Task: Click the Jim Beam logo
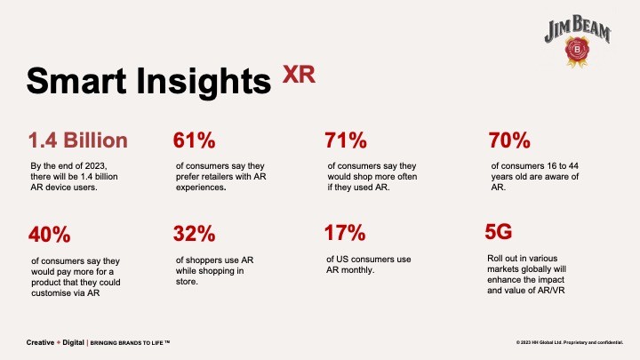tap(577, 41)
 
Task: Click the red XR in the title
tap(299, 75)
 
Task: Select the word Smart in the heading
tap(76, 80)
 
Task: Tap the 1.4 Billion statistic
tap(78, 140)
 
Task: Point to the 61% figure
tap(194, 140)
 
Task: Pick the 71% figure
tap(346, 140)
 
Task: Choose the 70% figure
tap(509, 140)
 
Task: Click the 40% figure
tap(50, 235)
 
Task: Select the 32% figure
tap(194, 234)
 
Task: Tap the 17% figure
tap(345, 233)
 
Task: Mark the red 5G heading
tap(499, 232)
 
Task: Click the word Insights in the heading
tap(204, 82)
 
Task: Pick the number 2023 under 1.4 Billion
tap(96, 166)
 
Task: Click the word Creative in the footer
tap(40, 342)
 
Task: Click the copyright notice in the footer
tap(570, 342)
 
